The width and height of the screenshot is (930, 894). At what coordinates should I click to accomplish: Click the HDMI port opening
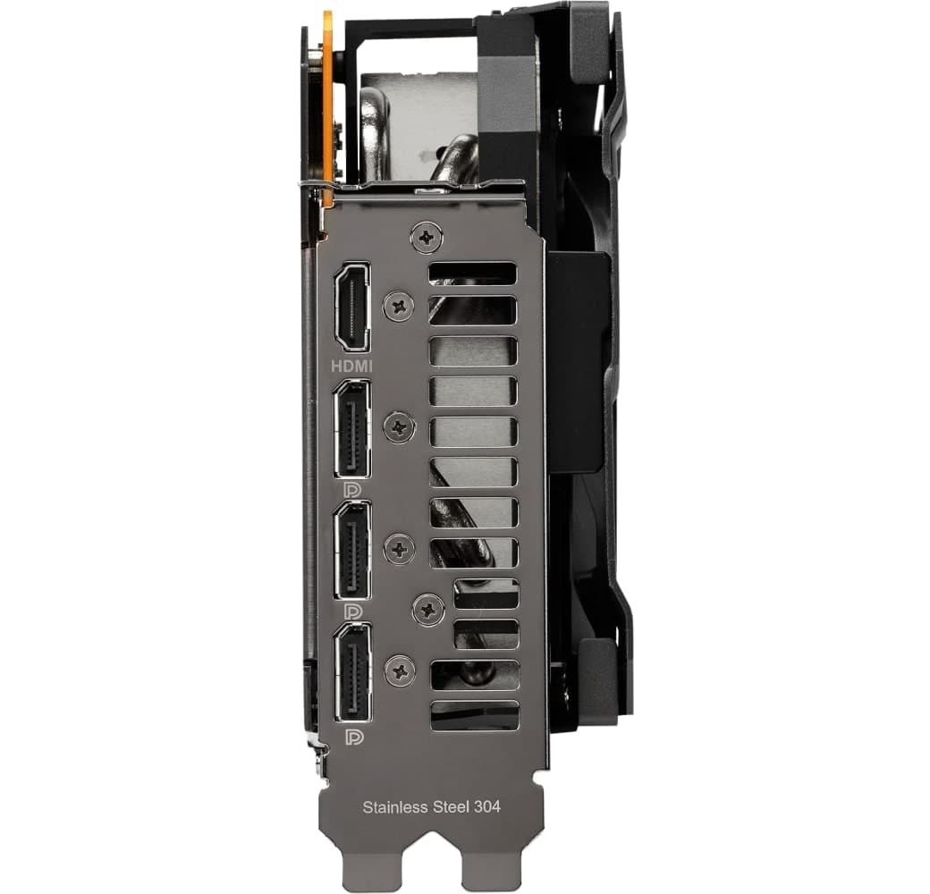click(x=351, y=308)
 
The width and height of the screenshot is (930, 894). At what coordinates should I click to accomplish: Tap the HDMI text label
click(x=351, y=366)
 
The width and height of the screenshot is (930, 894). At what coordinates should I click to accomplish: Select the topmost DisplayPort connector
click(x=351, y=428)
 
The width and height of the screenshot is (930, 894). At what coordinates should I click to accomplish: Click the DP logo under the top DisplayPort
click(x=351, y=490)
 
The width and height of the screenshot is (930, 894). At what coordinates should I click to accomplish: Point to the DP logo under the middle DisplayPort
click(x=351, y=611)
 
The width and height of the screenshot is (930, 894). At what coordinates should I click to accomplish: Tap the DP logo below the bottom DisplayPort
click(x=351, y=736)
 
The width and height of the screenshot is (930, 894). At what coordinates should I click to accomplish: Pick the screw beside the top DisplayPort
click(x=397, y=426)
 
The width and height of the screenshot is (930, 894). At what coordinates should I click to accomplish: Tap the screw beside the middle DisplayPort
click(x=399, y=548)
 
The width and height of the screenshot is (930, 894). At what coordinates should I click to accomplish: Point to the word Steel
click(x=455, y=805)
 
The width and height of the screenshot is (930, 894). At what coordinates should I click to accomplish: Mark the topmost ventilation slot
click(x=472, y=274)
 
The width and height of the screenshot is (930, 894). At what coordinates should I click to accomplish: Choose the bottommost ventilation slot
click(x=474, y=714)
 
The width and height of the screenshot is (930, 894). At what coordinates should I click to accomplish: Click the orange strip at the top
click(x=328, y=98)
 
